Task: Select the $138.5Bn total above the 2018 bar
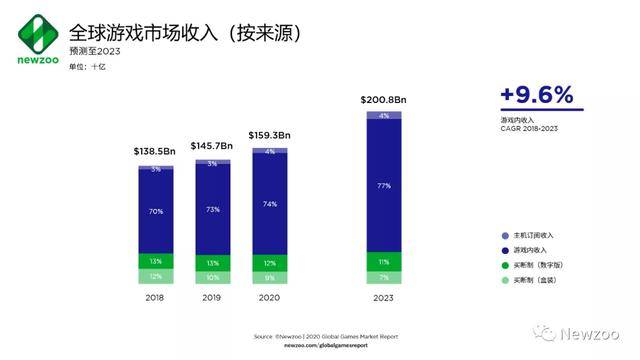(x=155, y=150)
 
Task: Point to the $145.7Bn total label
(x=212, y=145)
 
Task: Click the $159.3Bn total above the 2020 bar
(x=269, y=134)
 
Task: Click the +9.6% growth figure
(x=537, y=95)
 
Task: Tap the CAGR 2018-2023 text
(x=530, y=129)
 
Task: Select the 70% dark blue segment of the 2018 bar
(x=155, y=212)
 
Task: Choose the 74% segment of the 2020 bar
(x=269, y=203)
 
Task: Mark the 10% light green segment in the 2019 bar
(x=212, y=276)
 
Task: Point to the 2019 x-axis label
(x=212, y=297)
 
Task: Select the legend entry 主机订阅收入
(x=531, y=235)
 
